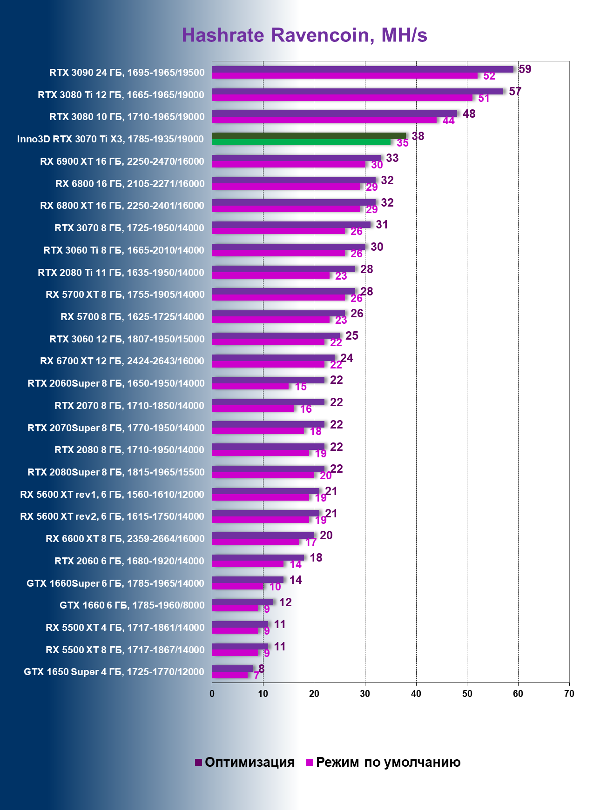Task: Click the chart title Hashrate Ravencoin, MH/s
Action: [x=304, y=35]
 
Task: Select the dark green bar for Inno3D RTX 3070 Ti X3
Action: [x=309, y=136]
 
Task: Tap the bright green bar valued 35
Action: [x=301, y=142]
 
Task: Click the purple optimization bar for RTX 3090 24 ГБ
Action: [x=363, y=69]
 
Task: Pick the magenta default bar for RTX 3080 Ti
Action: [x=342, y=98]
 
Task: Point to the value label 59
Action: [x=525, y=69]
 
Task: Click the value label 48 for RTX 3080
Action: [x=469, y=114]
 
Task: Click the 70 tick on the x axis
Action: [x=569, y=694]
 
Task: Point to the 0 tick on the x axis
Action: [x=212, y=694]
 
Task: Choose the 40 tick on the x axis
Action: [x=416, y=694]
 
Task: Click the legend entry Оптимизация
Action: [x=249, y=762]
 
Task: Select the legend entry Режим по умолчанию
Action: [x=388, y=762]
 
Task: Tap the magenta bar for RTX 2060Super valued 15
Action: [x=250, y=386]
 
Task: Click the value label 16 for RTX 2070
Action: [x=306, y=409]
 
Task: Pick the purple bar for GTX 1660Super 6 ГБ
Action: [x=248, y=580]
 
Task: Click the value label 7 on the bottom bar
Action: [x=256, y=676]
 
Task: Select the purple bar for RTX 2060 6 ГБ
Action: [x=258, y=557]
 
